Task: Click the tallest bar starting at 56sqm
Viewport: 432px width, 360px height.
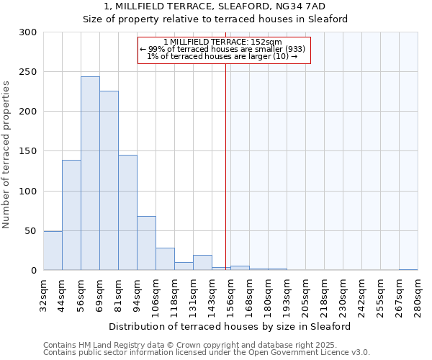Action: [x=90, y=174]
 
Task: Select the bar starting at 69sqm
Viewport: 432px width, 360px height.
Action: [x=109, y=181]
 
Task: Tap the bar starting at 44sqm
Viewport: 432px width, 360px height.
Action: [x=71, y=215]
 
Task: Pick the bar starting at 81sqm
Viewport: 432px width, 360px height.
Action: [x=127, y=212]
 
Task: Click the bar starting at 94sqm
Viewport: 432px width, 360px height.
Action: [x=146, y=243]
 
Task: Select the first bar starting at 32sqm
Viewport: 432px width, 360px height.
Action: [x=53, y=251]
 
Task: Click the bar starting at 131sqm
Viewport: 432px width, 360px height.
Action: [x=202, y=263]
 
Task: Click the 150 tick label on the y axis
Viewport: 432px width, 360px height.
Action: [x=28, y=151]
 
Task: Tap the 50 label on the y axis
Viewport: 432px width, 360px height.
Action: [x=31, y=231]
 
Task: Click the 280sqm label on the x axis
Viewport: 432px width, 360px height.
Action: [x=418, y=294]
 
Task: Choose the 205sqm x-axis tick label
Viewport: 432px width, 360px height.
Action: [x=306, y=294]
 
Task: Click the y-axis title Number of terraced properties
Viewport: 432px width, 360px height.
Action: [x=6, y=155]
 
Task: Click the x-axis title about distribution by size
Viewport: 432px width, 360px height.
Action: [x=230, y=326]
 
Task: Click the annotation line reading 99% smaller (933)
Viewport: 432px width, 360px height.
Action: [x=223, y=49]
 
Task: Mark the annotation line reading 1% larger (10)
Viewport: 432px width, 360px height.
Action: [x=223, y=56]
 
